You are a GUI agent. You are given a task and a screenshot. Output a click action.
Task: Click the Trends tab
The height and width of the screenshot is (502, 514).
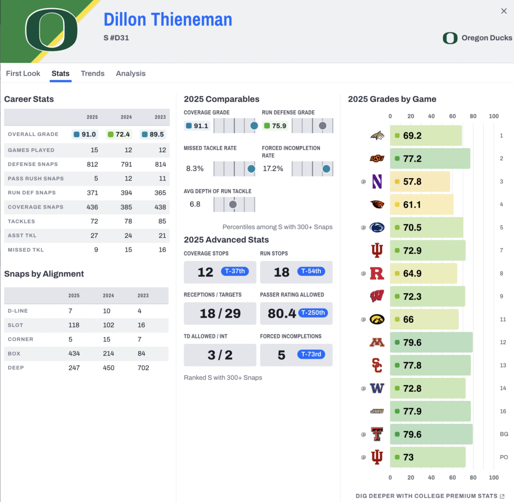point(92,73)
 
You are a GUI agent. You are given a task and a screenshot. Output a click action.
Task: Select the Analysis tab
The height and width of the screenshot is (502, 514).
point(131,73)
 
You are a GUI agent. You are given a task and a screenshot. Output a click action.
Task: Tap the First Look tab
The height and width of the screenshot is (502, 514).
point(23,73)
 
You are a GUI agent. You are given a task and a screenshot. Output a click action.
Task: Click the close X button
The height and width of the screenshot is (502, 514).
point(504,11)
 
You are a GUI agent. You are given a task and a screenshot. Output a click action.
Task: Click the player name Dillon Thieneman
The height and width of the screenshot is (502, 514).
point(168,20)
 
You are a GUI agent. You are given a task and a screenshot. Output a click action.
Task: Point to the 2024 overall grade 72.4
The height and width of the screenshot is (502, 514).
point(119,134)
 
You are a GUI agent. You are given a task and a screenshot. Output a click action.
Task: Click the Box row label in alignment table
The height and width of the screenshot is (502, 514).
point(14,354)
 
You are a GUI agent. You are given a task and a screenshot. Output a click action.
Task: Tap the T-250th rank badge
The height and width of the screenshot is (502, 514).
point(313,313)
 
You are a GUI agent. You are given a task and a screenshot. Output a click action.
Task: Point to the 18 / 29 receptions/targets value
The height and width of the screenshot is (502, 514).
point(220,314)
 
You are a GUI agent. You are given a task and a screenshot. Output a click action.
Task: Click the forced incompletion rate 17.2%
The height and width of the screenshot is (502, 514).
point(273,169)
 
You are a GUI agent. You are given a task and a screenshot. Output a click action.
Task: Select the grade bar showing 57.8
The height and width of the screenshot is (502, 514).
point(420,182)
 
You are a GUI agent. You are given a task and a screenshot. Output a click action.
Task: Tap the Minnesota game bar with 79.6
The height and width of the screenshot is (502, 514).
point(431,342)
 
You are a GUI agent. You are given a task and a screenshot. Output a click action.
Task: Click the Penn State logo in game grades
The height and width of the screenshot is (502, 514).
point(377,227)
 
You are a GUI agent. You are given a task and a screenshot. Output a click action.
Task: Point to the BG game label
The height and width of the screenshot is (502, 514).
point(504,434)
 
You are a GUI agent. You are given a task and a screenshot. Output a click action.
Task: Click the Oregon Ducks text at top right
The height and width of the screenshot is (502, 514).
point(486,38)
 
